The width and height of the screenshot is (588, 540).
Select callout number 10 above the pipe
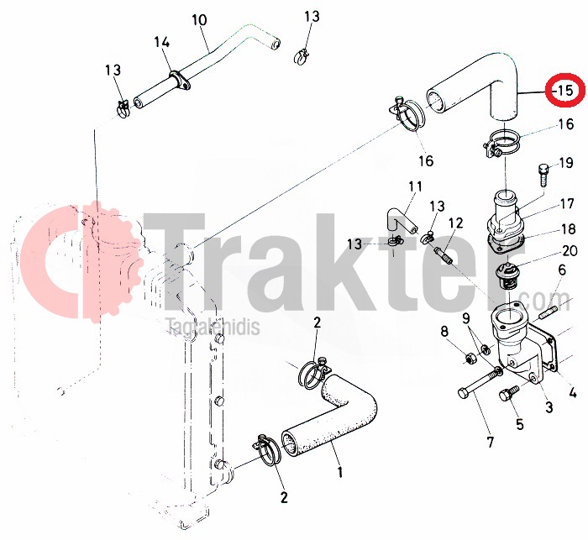199,20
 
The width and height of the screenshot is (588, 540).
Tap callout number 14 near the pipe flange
162,42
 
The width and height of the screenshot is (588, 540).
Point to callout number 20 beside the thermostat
570,250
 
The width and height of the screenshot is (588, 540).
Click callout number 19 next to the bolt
566,163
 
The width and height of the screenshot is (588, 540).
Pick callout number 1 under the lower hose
340,472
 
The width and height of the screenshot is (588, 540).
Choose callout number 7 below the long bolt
491,442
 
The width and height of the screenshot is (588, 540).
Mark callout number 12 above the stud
455,223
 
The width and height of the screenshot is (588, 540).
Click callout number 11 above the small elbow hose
415,186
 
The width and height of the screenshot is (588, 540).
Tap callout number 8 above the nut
444,332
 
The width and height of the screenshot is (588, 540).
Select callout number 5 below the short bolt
519,424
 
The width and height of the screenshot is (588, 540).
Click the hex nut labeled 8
469,358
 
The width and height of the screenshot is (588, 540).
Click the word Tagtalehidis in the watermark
213,327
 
